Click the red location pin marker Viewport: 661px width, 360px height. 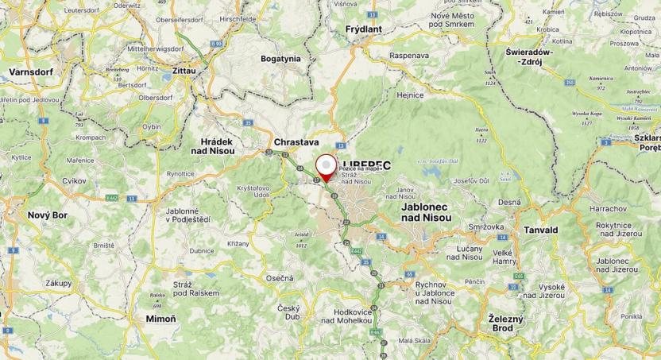tap(326, 168)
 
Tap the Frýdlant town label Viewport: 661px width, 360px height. tap(364, 29)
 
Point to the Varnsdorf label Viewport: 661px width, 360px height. tap(30, 72)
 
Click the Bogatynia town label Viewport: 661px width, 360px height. tap(280, 58)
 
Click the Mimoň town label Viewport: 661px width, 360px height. tap(161, 319)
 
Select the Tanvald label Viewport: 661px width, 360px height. tap(541, 230)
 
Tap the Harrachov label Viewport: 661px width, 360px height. tap(609, 209)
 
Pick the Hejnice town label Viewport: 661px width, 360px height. tap(410, 95)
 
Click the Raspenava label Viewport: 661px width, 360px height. tap(410, 56)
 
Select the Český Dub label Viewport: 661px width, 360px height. tap(288, 312)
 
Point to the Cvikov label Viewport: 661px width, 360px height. tap(73, 180)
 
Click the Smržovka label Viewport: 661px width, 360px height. tap(487, 226)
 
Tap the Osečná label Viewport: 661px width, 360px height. tap(280, 278)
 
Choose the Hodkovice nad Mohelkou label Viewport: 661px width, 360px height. tap(348, 316)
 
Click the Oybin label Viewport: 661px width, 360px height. tap(152, 126)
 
